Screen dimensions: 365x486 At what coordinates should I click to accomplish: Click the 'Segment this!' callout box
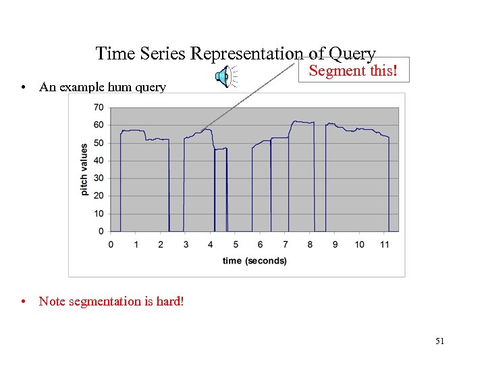(354, 70)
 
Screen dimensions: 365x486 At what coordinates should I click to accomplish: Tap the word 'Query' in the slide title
(352, 53)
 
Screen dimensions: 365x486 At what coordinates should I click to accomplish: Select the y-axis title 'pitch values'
(84, 169)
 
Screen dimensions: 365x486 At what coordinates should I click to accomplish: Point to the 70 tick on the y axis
(99, 107)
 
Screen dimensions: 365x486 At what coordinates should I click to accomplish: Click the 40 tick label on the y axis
(99, 161)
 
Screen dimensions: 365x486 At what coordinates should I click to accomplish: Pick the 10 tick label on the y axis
(99, 214)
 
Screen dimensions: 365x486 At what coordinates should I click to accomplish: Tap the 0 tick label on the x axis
(111, 244)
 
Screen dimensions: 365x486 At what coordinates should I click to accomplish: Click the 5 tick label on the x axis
(235, 244)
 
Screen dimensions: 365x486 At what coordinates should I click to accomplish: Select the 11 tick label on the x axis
(384, 244)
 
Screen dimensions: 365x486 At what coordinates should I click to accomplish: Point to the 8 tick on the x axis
(310, 244)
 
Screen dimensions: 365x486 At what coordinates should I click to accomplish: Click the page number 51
(439, 341)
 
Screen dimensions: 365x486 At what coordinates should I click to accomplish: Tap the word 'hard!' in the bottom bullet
(169, 301)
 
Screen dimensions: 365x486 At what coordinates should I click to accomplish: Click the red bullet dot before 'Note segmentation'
(24, 301)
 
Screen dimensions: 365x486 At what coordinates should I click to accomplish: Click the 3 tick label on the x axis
(186, 244)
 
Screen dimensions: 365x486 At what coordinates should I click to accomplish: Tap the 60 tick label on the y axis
(99, 125)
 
